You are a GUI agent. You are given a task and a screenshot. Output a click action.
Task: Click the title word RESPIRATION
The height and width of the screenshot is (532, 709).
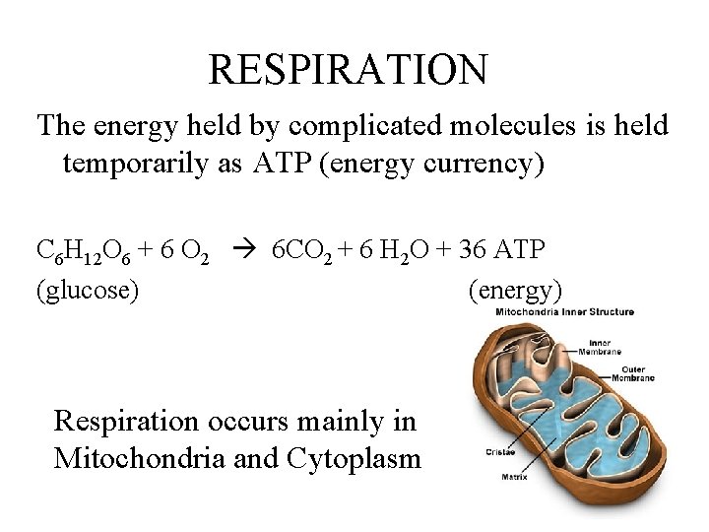click(x=348, y=70)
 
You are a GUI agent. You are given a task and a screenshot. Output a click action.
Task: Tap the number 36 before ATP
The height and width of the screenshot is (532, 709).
click(x=472, y=250)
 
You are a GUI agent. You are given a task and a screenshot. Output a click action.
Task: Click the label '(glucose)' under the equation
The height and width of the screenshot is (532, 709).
click(x=87, y=290)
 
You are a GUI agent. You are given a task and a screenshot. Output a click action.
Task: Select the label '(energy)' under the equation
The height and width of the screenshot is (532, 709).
click(x=515, y=290)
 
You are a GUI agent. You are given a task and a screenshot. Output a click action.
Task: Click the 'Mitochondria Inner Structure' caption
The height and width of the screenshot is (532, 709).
click(x=564, y=312)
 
